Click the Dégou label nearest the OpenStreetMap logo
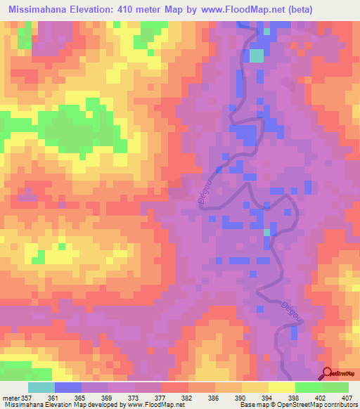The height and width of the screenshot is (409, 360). click(288, 314)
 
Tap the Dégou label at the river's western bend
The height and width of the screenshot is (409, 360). click(205, 192)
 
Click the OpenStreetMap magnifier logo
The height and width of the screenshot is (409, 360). click(328, 372)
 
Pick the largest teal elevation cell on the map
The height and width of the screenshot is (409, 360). click(257, 55)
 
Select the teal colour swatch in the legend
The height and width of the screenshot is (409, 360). click(41, 387)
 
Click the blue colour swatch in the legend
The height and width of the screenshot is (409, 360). click(68, 387)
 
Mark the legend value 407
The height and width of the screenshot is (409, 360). click(346, 396)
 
